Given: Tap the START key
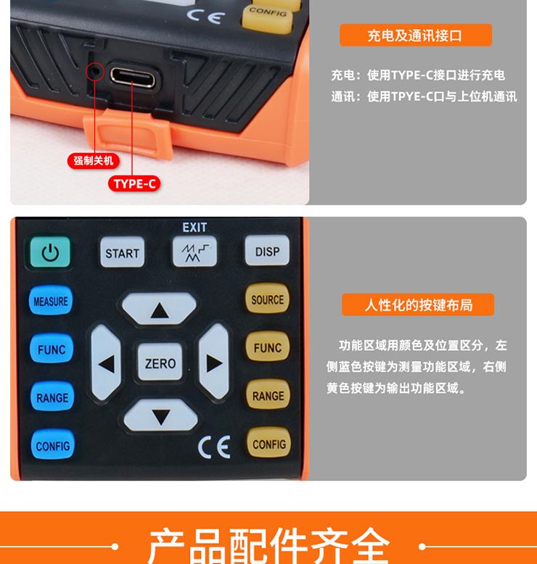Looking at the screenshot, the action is tap(122, 252).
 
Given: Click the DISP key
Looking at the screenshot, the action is tap(267, 250).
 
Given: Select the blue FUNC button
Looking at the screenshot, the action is tap(52, 348).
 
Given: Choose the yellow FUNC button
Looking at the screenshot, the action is tap(268, 347).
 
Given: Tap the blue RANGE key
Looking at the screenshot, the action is tap(52, 397).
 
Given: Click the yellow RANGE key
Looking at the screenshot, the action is tap(268, 394).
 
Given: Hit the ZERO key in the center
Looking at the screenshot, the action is tap(160, 362).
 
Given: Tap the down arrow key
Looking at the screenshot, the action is tap(160, 415).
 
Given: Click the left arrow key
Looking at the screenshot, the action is tap(106, 362).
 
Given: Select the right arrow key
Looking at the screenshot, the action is tap(214, 361).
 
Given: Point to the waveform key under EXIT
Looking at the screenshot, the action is tap(195, 251).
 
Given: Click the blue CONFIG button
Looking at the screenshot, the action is tap(53, 444).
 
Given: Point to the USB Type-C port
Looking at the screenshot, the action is tap(133, 77).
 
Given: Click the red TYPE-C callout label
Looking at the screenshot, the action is tap(134, 184).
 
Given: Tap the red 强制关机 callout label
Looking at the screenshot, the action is tap(94, 160).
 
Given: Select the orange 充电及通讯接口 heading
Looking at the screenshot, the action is tap(416, 36).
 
